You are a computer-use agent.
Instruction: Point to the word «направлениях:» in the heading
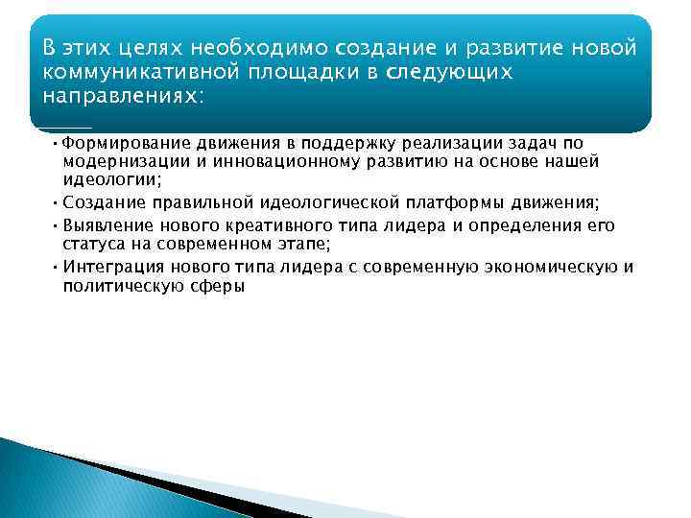coord(123,98)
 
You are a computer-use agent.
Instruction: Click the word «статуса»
coord(93,243)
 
